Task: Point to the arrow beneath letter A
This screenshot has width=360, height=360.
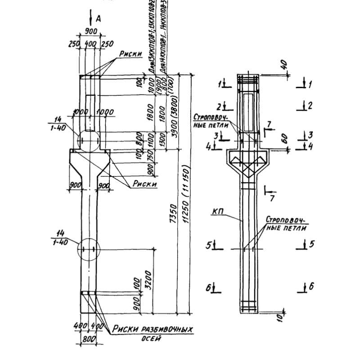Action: (91, 17)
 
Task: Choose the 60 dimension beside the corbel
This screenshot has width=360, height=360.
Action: (283, 139)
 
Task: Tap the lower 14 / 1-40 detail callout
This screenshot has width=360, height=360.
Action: (58, 236)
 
